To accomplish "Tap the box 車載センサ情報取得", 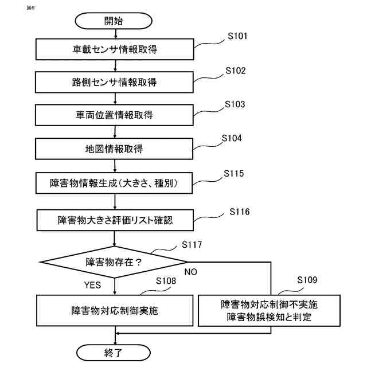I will pyautogui.click(x=116, y=49).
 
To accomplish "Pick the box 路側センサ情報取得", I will pyautogui.click(x=116, y=83).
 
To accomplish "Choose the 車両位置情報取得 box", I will pyautogui.click(x=116, y=115).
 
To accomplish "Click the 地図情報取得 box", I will pyautogui.click(x=116, y=149).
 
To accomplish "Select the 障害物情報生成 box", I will pyautogui.click(x=116, y=183).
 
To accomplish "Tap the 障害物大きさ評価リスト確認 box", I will pyautogui.click(x=116, y=219).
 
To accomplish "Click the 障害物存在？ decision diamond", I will pyautogui.click(x=114, y=263).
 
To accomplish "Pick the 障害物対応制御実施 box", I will pyautogui.click(x=116, y=311).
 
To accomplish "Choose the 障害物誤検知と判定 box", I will pyautogui.click(x=269, y=310).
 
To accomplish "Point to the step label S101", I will pyautogui.click(x=237, y=36).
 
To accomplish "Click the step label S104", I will pyautogui.click(x=232, y=138).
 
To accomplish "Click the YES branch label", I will pyautogui.click(x=93, y=285).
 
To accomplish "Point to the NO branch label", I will pyautogui.click(x=190, y=272).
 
